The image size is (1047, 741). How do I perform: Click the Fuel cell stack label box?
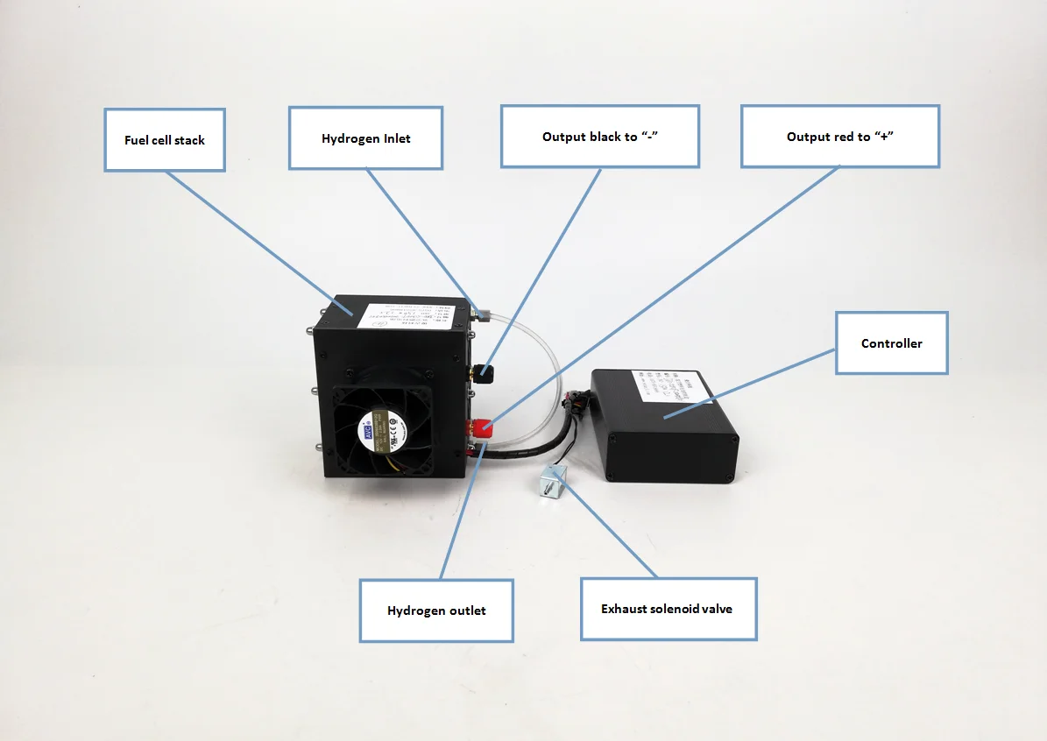pyautogui.click(x=165, y=140)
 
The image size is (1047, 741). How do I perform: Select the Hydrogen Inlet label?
pyautogui.click(x=365, y=138)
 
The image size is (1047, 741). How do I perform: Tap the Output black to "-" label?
pyautogui.click(x=599, y=137)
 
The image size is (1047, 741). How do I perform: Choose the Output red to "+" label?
pyautogui.click(x=839, y=137)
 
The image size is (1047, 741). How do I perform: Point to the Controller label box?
pyautogui.click(x=891, y=343)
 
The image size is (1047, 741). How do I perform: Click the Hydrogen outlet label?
pyautogui.click(x=435, y=610)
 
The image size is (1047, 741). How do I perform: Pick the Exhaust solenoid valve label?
pyautogui.click(x=668, y=609)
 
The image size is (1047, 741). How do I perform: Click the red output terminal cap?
pyautogui.click(x=481, y=428)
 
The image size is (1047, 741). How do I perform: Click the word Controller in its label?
pyautogui.click(x=891, y=343)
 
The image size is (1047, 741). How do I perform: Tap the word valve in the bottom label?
pyautogui.click(x=715, y=609)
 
